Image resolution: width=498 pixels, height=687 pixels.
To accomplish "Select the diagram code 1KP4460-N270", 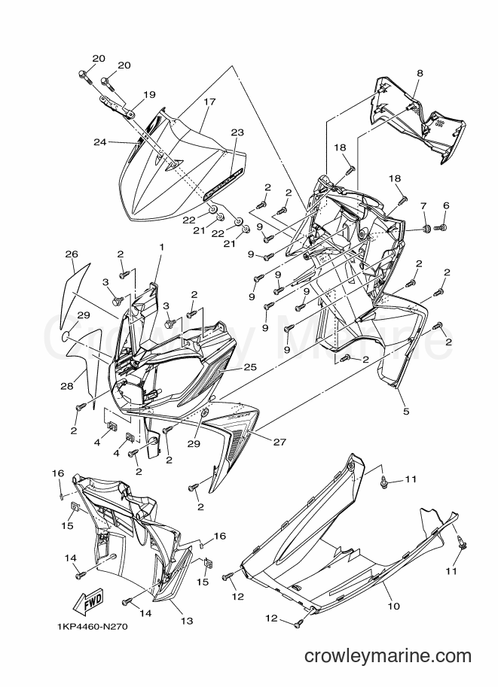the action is pos(92,627).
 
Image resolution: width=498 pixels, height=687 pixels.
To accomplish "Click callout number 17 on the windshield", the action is pos(209,102).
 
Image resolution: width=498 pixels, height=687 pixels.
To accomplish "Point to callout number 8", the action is pos(420,74).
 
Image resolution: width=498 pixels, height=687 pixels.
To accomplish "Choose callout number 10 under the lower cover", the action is pos(393,606).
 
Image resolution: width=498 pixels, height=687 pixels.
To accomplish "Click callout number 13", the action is pos(187,620).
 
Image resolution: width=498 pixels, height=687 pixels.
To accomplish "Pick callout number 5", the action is pos(406,412).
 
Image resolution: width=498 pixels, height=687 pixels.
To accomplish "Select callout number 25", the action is pos(250,366).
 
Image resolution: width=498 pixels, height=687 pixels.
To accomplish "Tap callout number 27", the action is pos(280,442).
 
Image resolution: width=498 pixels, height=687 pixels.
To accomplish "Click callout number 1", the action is pos(161,247).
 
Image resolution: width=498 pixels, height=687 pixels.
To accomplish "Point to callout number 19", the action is pos(149,94).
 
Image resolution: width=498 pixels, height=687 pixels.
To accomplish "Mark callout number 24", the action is pos(100,141).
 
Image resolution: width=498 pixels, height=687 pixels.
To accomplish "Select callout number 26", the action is pos(71,254).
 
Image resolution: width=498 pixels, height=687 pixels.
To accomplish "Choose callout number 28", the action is pos(67,386).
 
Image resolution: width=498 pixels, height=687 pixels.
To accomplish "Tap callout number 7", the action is pos(423,205).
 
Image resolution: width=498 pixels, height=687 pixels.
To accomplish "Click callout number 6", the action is pos(446,205).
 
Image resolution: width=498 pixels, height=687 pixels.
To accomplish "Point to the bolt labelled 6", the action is pos(440,228).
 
